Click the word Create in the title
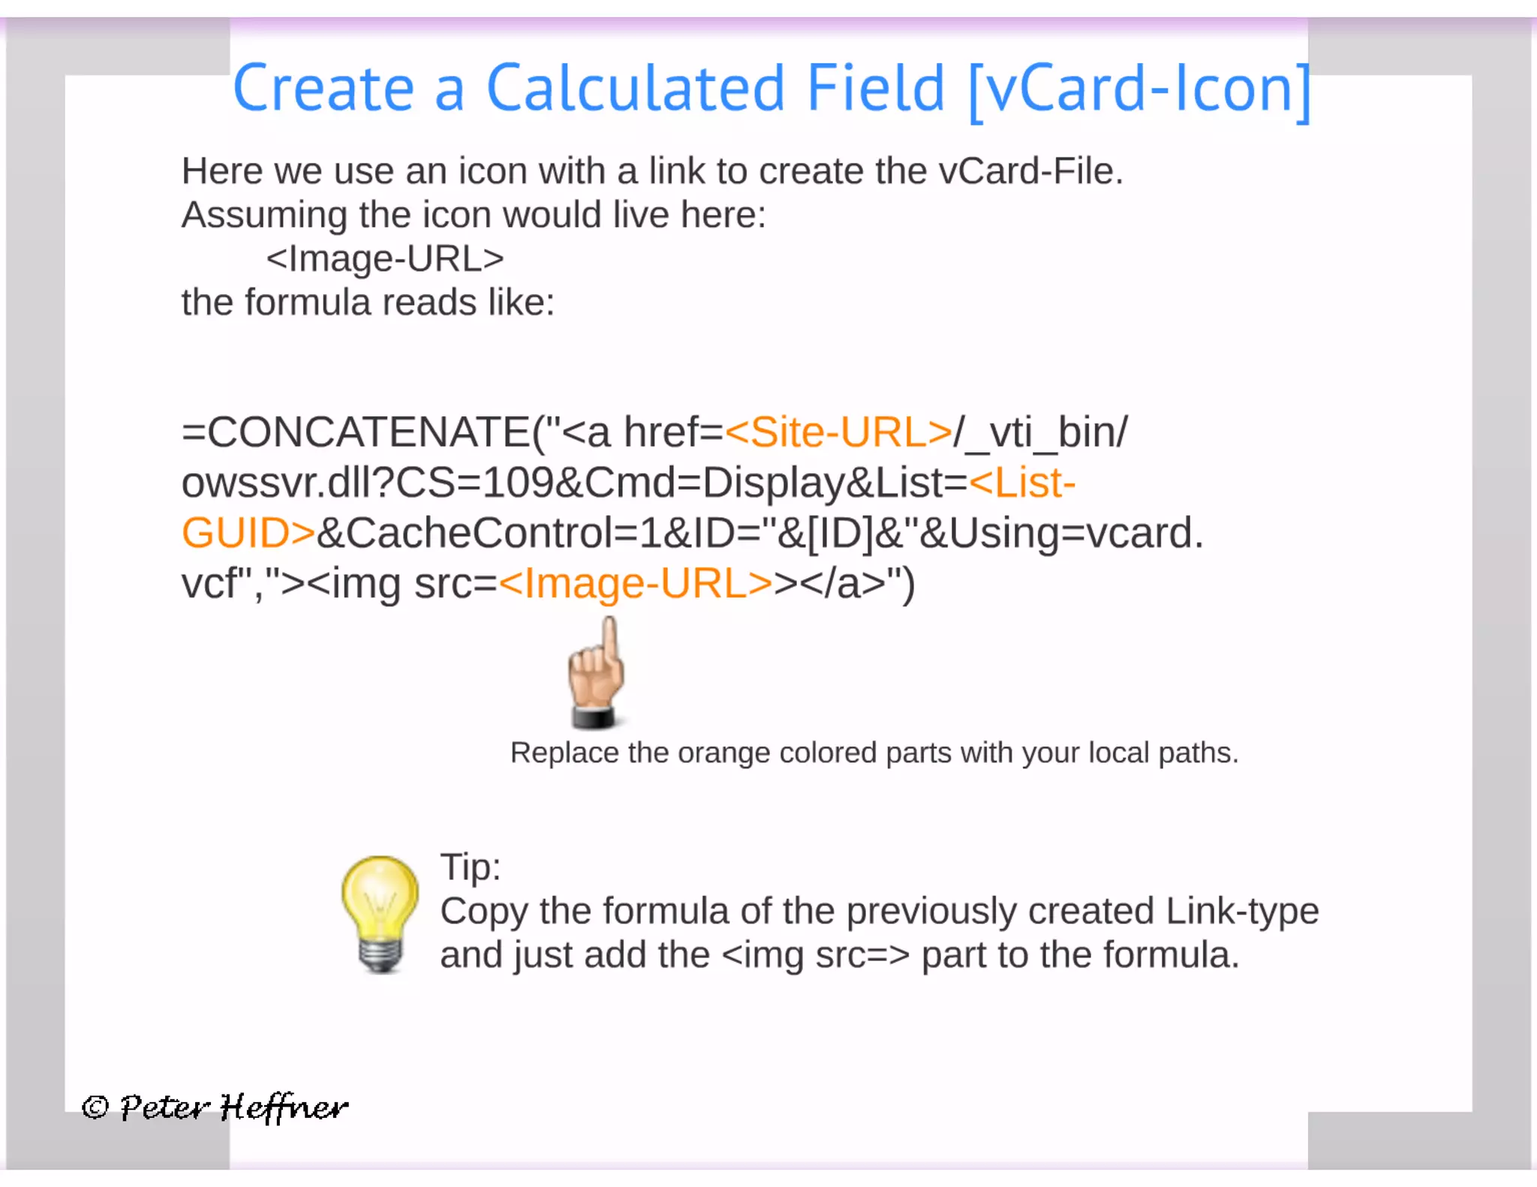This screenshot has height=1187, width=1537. tap(323, 89)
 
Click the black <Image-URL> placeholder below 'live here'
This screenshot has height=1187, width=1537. tap(385, 259)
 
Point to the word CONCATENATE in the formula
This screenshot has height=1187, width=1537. tap(368, 433)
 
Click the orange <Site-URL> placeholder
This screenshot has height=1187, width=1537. tap(838, 433)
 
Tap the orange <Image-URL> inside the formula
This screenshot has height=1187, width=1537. tap(635, 584)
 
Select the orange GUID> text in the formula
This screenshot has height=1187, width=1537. tap(248, 533)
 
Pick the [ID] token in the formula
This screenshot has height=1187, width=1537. tap(840, 533)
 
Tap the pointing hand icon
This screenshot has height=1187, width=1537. tap(596, 672)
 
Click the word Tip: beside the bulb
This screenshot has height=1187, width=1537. tap(470, 867)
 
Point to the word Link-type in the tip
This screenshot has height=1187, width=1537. tap(1242, 912)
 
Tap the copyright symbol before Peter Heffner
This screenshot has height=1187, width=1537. tap(95, 1107)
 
